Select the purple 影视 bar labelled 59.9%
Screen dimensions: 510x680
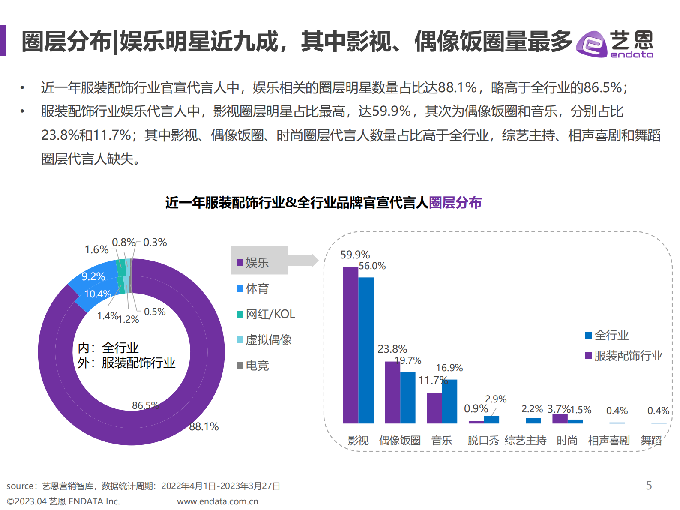point(350,345)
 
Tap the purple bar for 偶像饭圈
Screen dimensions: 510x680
point(392,392)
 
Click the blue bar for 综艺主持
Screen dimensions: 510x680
point(533,420)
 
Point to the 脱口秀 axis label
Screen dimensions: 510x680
point(483,441)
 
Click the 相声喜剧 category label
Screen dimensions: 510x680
point(609,441)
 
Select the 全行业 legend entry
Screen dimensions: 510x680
point(607,335)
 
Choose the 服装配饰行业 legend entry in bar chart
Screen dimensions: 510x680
point(623,356)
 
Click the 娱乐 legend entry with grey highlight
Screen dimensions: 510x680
point(257,263)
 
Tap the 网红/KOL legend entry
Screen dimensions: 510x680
point(266,314)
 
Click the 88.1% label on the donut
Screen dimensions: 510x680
point(204,426)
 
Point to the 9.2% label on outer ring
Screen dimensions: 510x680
point(93,276)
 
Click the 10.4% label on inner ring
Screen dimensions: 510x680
point(98,294)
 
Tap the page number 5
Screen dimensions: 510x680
point(649,485)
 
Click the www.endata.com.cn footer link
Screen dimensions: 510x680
point(217,501)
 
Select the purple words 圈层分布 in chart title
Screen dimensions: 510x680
point(455,202)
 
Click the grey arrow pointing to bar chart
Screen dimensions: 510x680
point(304,260)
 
